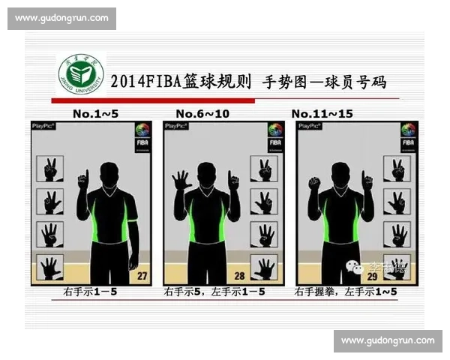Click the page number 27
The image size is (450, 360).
pos(141,276)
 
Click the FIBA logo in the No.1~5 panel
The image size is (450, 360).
pos(142,136)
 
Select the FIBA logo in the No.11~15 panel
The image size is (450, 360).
pos(408,136)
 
